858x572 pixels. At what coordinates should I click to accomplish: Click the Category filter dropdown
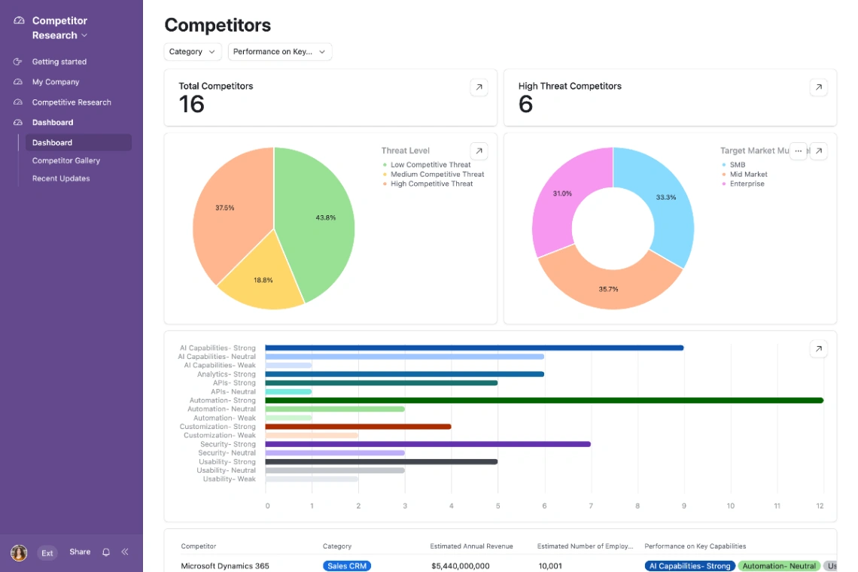click(x=192, y=52)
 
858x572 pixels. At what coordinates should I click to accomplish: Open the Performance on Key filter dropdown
click(x=279, y=52)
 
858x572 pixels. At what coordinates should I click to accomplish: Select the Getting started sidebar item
click(x=59, y=62)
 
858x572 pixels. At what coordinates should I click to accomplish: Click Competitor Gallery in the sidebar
click(x=66, y=160)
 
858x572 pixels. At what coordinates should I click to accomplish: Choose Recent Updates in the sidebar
click(x=61, y=178)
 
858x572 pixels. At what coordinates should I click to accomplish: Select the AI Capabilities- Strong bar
click(x=474, y=348)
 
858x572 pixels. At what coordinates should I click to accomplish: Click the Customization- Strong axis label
click(x=218, y=427)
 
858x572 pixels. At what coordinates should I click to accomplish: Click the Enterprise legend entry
click(x=747, y=184)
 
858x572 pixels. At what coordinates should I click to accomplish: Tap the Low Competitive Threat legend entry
click(x=430, y=165)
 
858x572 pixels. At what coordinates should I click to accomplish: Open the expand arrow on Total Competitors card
click(x=479, y=87)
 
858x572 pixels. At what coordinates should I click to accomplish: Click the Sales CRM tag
click(x=347, y=566)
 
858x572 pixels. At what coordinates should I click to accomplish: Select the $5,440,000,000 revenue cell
click(x=460, y=566)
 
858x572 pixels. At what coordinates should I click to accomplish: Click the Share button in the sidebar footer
click(x=80, y=552)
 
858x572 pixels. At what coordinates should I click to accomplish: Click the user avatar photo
click(x=19, y=552)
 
